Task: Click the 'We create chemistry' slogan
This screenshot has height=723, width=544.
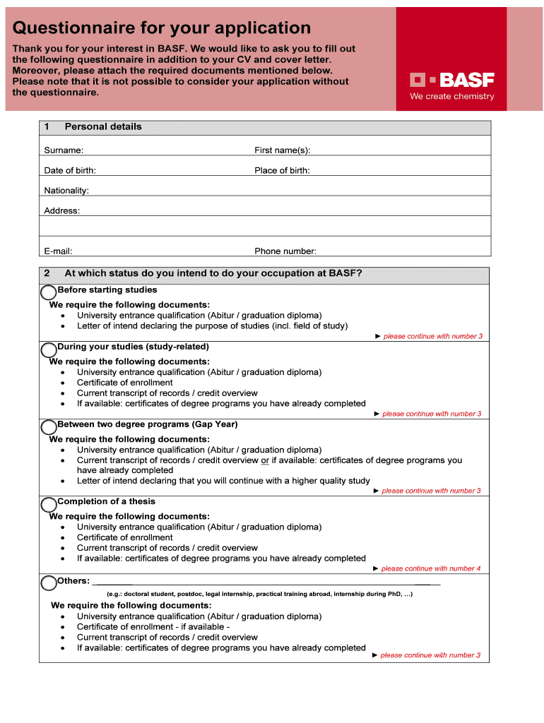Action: (452, 97)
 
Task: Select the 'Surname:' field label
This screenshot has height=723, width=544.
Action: (64, 150)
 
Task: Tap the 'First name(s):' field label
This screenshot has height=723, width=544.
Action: (283, 150)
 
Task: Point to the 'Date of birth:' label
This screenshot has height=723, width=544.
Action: (70, 171)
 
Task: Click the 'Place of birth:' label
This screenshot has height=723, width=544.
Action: (282, 171)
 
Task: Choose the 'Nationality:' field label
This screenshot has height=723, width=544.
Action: (66, 191)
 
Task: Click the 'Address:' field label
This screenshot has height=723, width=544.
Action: (62, 211)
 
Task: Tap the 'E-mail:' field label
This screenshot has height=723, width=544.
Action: (58, 251)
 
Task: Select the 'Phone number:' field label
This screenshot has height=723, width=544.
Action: (285, 251)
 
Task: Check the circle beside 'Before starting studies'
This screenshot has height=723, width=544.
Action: (49, 292)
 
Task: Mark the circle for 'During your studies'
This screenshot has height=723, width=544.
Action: (49, 349)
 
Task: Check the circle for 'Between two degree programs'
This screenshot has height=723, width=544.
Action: (49, 427)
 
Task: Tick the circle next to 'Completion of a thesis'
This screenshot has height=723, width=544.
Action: (49, 504)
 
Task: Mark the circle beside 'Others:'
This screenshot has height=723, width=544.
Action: (49, 582)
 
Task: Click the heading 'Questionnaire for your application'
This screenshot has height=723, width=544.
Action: (162, 28)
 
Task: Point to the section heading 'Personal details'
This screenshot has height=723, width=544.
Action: (103, 127)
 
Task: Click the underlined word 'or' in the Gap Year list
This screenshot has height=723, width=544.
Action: (265, 460)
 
